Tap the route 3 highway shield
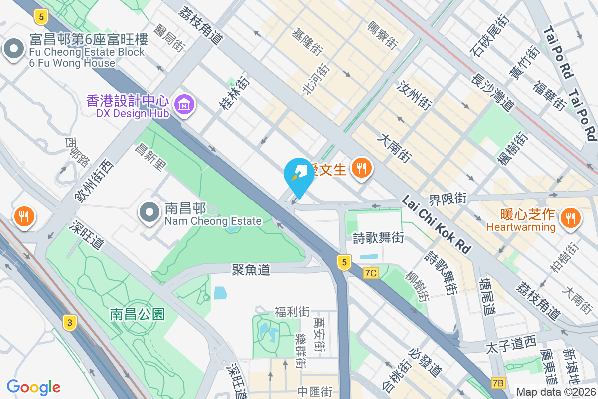coord(70,323)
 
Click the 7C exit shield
coord(371,273)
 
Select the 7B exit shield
coord(497,383)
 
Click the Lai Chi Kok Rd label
coord(437,224)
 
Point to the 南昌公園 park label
coord(137,314)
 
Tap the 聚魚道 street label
coord(251,270)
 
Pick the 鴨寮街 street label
coord(382,34)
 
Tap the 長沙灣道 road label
coord(492,90)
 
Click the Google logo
coord(33,387)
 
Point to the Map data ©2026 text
coord(556,392)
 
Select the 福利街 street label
coord(292,312)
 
